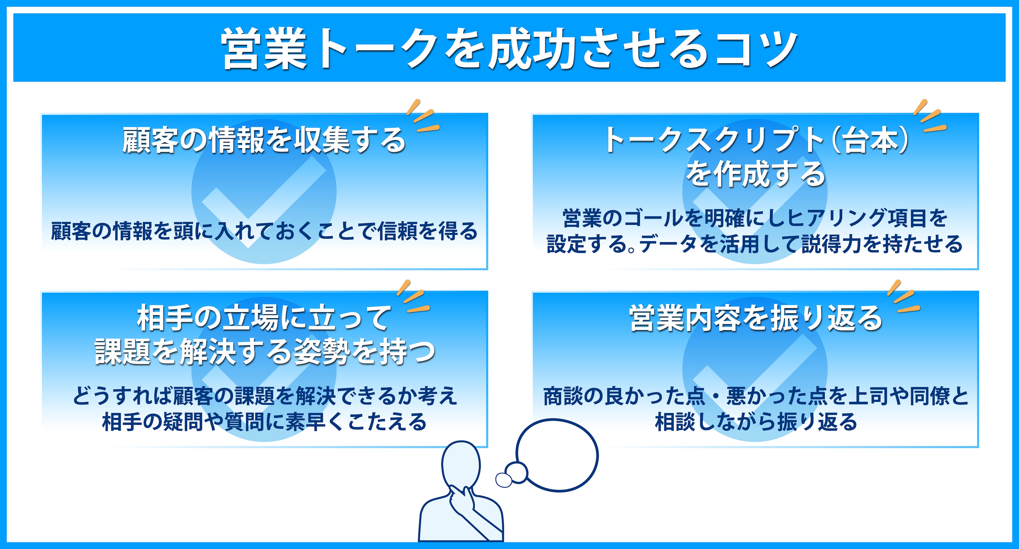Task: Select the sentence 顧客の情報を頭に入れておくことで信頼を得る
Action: [264, 231]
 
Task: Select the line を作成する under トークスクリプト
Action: [755, 174]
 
